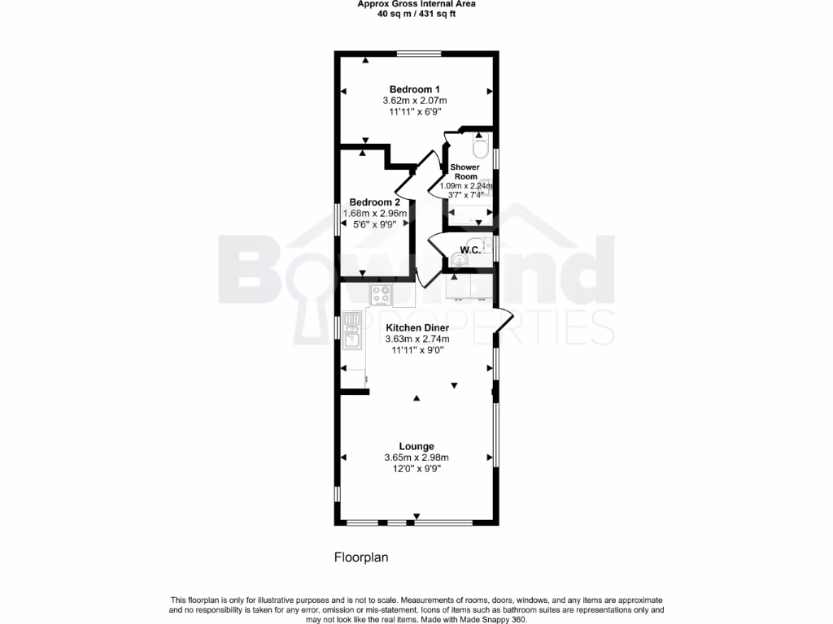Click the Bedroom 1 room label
[415, 89]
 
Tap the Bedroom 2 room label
[374, 202]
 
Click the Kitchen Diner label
[416, 327]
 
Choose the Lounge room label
[416, 446]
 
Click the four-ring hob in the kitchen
[382, 294]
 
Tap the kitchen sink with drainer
[352, 331]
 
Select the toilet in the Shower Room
[481, 149]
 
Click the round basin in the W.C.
[460, 261]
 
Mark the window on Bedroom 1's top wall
[419, 54]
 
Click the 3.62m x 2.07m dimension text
[415, 101]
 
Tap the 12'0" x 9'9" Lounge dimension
[416, 469]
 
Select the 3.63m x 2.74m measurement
[416, 339]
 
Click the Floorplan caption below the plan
[362, 558]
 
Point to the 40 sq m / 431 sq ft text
[416, 14]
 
